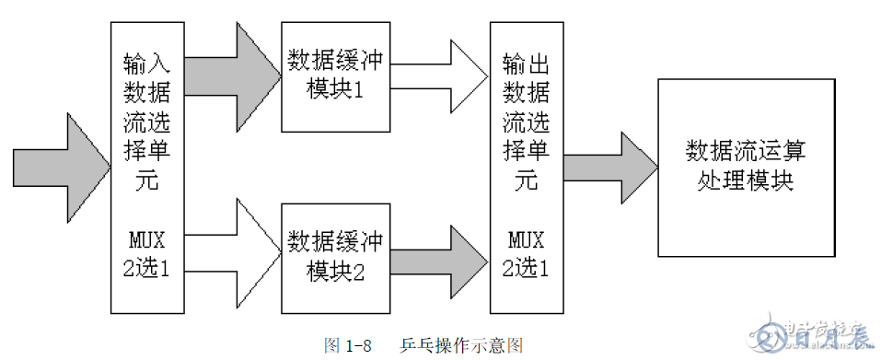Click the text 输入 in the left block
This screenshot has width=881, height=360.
(147, 63)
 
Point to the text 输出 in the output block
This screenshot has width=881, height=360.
(527, 63)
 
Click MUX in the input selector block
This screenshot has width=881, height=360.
(147, 241)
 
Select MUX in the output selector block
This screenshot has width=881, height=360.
(527, 241)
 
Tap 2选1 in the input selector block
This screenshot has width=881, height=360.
(147, 268)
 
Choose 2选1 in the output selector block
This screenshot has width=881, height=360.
(527, 268)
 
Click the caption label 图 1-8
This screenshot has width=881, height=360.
(348, 346)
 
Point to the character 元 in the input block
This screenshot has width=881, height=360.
(147, 181)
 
